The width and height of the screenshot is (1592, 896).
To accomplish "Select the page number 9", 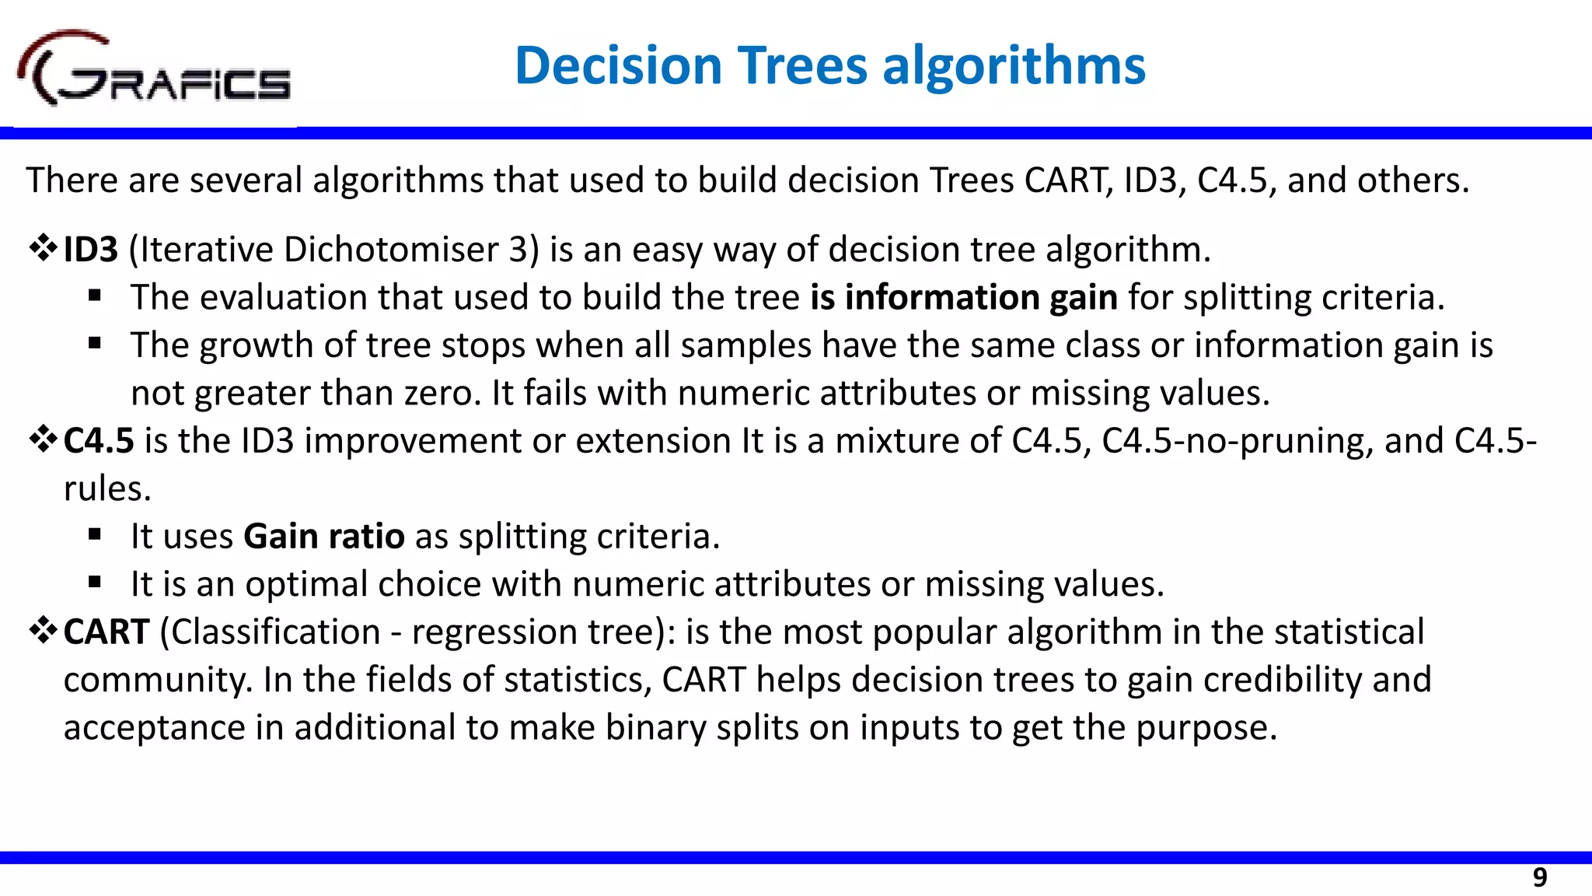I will pyautogui.click(x=1539, y=877).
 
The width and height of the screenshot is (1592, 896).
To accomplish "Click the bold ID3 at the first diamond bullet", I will pyautogui.click(x=90, y=250).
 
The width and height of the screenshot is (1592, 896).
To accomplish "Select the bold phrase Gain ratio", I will pyautogui.click(x=323, y=537).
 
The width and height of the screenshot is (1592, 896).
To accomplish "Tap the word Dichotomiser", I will pyautogui.click(x=390, y=250).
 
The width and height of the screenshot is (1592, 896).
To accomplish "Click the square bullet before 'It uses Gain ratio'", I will pyautogui.click(x=95, y=534).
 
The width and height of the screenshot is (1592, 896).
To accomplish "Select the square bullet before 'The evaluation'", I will pyautogui.click(x=95, y=296).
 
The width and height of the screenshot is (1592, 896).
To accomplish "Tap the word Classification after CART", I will pyautogui.click(x=275, y=632).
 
